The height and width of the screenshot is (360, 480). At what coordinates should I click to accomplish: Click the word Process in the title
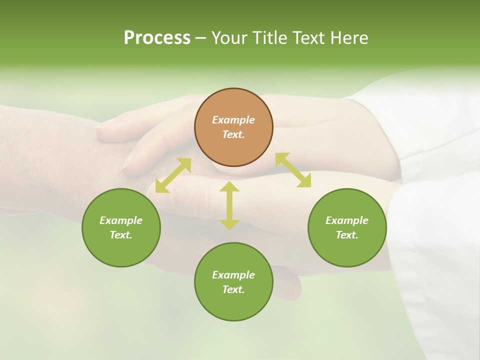pyautogui.click(x=157, y=38)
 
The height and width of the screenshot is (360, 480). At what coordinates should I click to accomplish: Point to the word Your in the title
pyautogui.click(x=229, y=38)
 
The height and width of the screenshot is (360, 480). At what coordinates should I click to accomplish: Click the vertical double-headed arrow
pyautogui.click(x=229, y=205)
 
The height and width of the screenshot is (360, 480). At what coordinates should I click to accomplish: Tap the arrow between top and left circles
pyautogui.click(x=173, y=175)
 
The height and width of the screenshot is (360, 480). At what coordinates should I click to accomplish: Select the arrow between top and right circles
pyautogui.click(x=293, y=170)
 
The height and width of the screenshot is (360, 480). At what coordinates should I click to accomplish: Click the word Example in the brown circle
pyautogui.click(x=233, y=120)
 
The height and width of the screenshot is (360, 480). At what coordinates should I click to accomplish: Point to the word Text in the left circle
pyautogui.click(x=121, y=235)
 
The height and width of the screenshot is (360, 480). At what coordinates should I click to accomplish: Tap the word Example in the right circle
pyautogui.click(x=347, y=220)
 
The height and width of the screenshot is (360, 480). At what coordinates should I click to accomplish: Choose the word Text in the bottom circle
pyautogui.click(x=233, y=289)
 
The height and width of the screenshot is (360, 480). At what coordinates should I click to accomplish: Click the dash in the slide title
pyautogui.click(x=201, y=38)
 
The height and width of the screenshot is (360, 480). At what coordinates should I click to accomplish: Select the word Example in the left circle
pyautogui.click(x=121, y=220)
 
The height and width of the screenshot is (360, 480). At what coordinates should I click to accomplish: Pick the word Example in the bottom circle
pyautogui.click(x=233, y=275)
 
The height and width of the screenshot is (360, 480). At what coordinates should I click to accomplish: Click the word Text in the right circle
pyautogui.click(x=347, y=235)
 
